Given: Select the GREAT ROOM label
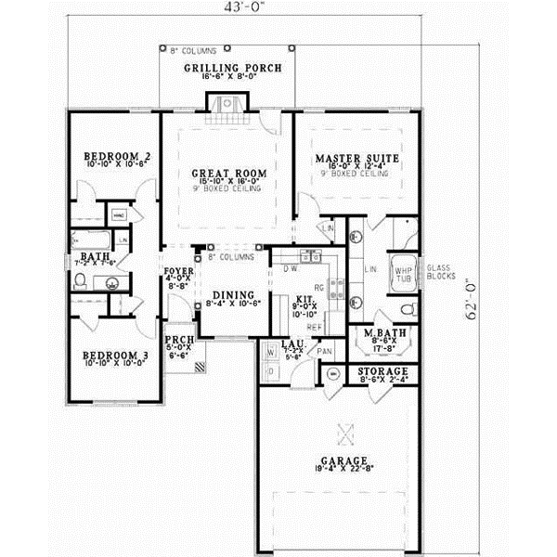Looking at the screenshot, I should click(229, 173).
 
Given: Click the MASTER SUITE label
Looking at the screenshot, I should click(356, 159).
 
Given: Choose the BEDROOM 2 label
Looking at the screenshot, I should click(117, 155).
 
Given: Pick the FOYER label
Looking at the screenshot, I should click(177, 273).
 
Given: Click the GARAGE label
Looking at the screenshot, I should click(343, 460).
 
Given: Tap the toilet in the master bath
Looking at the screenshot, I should click(406, 308).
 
